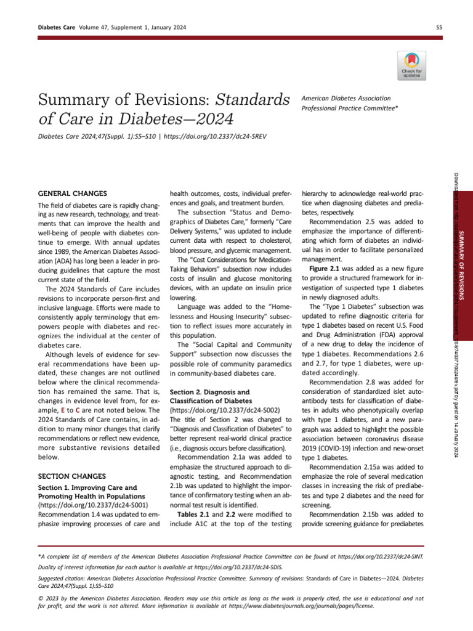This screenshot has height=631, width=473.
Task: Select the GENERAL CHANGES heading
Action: pyautogui.click(x=73, y=193)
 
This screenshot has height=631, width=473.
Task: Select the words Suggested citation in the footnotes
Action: pyautogui.click(x=62, y=579)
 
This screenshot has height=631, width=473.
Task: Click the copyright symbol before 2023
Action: pyautogui.click(x=41, y=598)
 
